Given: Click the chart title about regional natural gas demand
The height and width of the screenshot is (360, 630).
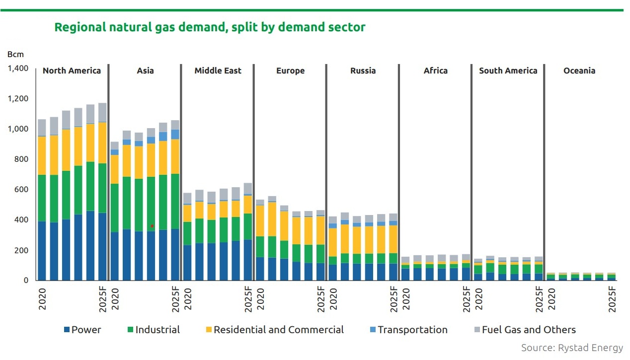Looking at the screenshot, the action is tap(210, 27).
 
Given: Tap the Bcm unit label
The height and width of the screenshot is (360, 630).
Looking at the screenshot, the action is tap(15, 54).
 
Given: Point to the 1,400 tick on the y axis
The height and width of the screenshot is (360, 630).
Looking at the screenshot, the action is tap(18, 69).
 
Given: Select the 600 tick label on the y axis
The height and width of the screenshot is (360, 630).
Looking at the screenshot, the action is tap(21, 189).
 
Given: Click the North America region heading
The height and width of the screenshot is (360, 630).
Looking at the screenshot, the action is tap(72, 71).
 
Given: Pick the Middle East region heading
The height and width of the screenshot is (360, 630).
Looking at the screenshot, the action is tap(218, 71).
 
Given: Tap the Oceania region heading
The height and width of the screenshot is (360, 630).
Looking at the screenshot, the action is tap(579, 71).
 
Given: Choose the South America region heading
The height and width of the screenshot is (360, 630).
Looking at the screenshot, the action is tap(508, 71).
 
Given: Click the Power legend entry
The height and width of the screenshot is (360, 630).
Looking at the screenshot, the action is tap(82, 330).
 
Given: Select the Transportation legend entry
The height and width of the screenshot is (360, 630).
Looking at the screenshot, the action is tap(409, 330).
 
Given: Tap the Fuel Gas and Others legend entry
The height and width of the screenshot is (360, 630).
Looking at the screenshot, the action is tap(525, 330).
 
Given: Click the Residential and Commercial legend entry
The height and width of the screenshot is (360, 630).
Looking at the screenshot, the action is tap(275, 330).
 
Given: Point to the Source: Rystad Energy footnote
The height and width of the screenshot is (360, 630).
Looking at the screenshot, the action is tap(572, 348).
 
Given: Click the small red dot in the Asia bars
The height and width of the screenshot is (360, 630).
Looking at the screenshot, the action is tap(152, 226).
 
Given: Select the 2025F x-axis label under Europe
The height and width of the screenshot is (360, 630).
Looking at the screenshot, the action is tap(320, 299).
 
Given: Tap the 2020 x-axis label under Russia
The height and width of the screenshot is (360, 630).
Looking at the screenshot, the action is tap(333, 299).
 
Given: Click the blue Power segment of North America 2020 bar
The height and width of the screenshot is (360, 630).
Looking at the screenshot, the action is tap(42, 251).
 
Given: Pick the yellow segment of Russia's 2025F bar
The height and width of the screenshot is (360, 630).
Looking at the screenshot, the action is tap(393, 239).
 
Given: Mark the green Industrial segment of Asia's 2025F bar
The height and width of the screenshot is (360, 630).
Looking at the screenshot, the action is tap(175, 201).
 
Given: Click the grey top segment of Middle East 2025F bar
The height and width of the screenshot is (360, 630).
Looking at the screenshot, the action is tap(248, 188).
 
